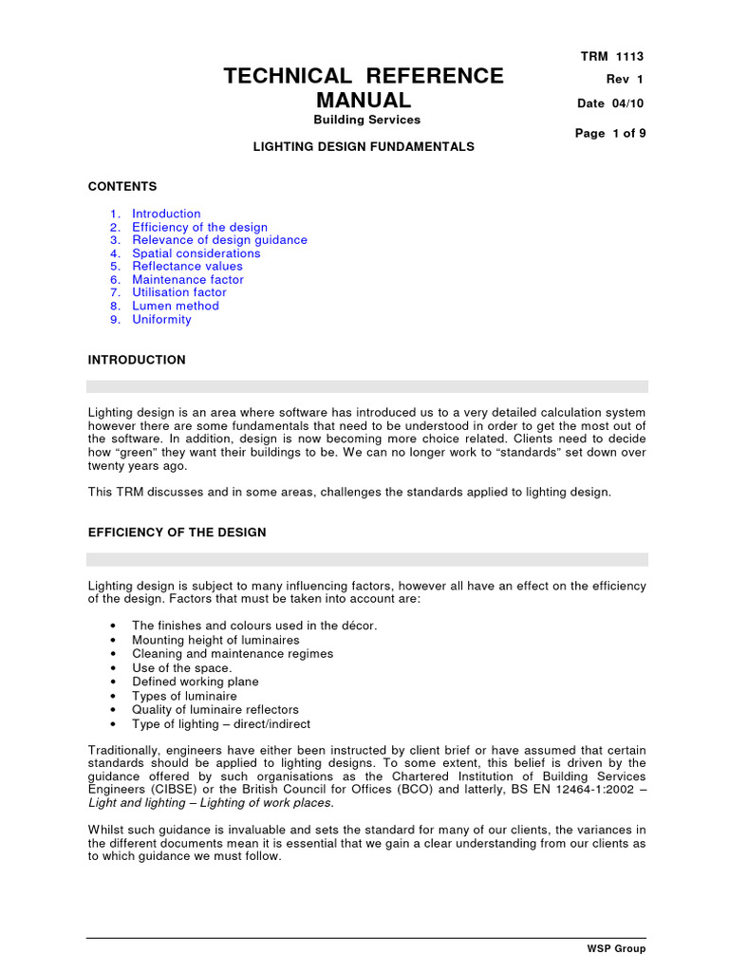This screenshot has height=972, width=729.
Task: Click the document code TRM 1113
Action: pyautogui.click(x=611, y=57)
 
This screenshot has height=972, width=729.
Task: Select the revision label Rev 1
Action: pyautogui.click(x=625, y=80)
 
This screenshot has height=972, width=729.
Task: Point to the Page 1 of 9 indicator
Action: pyautogui.click(x=610, y=134)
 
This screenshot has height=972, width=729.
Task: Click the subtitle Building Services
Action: pyautogui.click(x=366, y=120)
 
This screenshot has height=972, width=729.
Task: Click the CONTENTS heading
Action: pyautogui.click(x=122, y=187)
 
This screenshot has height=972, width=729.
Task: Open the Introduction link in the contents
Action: pyautogui.click(x=166, y=214)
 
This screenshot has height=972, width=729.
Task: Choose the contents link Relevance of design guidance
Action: pyautogui.click(x=219, y=240)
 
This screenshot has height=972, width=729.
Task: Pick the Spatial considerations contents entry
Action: pyautogui.click(x=196, y=253)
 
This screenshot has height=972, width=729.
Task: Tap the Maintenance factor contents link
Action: pyautogui.click(x=187, y=280)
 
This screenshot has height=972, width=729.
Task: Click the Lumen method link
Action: pyautogui.click(x=175, y=306)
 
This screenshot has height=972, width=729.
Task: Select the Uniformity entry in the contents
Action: pyautogui.click(x=161, y=319)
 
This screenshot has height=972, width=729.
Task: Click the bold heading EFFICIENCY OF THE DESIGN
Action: pyautogui.click(x=177, y=533)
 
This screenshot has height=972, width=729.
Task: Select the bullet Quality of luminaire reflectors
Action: pyautogui.click(x=215, y=709)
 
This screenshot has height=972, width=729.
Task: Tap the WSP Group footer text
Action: pyautogui.click(x=617, y=949)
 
